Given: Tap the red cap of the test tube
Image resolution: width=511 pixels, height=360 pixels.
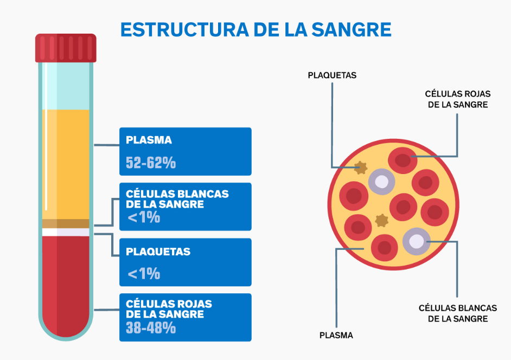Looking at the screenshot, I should point(66,48).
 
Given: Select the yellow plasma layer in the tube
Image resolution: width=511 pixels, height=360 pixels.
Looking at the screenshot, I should point(66,163).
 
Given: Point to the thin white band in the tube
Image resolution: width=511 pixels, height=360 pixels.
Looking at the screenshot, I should point(66,233).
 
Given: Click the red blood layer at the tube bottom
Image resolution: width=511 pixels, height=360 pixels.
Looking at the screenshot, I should point(66,282).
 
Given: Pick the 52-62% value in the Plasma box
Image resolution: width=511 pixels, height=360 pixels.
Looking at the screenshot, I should point(151,163).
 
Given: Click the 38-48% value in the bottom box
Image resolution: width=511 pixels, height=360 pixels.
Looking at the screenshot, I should point(151,328).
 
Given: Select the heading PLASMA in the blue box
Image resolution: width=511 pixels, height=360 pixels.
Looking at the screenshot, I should point(149,140).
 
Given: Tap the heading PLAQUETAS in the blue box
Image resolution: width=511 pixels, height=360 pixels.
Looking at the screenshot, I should point(158,252).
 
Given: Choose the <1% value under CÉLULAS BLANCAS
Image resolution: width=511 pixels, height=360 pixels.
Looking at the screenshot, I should point(144,218).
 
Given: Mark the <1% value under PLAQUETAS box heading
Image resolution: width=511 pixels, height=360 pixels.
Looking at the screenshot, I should point(144,273).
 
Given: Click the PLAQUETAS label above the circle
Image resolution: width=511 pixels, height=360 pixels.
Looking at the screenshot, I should point(332,75).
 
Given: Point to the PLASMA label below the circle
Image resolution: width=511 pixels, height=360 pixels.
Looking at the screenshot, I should point(336,335).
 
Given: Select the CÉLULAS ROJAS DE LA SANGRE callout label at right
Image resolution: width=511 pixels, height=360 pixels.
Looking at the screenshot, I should point(457,99).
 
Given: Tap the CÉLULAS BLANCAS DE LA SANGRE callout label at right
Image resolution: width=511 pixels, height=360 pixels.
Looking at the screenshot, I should point(457,313).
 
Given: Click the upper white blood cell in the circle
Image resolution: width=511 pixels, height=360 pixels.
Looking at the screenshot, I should point(382,182).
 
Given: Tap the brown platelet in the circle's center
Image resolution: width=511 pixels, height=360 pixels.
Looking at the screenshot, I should point(382,220).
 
